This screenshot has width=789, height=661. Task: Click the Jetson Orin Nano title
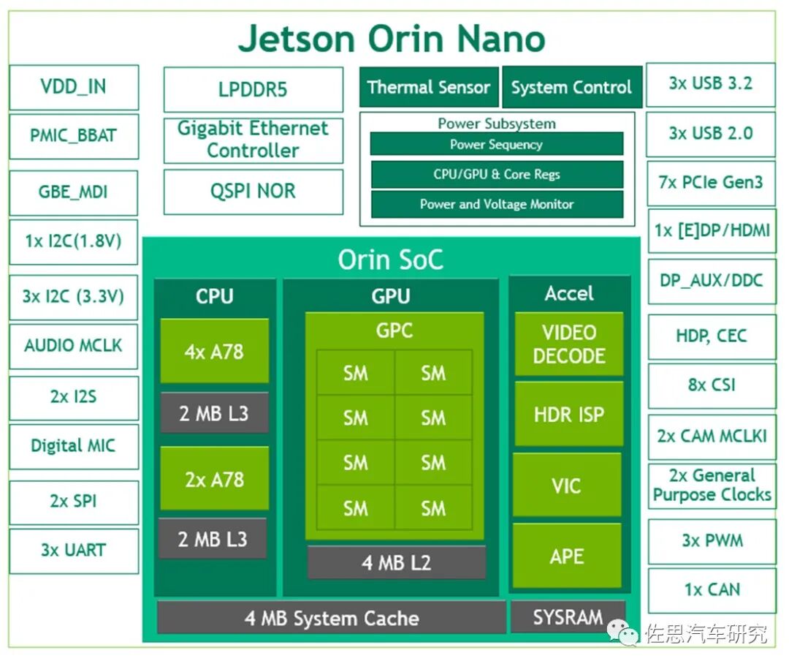tap(392, 38)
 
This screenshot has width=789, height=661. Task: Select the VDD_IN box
tap(74, 88)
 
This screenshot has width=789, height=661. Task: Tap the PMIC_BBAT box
tap(74, 136)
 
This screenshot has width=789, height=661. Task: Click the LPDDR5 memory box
tap(253, 90)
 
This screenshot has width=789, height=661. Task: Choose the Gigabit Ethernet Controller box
tap(253, 140)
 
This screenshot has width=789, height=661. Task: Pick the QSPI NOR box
tap(253, 192)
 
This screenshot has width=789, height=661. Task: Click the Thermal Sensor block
tap(428, 88)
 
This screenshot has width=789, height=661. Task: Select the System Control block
tap(571, 88)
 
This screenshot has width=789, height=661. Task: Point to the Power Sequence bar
tap(496, 144)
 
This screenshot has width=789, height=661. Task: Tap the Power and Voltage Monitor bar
tap(496, 205)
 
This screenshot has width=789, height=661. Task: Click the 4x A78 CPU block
tap(214, 351)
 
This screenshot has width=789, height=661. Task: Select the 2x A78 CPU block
tap(214, 480)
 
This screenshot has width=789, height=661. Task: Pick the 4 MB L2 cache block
tap(396, 563)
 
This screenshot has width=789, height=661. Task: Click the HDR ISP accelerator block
tap(568, 415)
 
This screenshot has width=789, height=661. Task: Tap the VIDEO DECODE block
tap(568, 344)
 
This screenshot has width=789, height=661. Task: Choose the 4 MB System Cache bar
tap(331, 618)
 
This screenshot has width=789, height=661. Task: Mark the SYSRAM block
tap(568, 616)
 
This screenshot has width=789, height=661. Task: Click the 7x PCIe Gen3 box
tap(711, 183)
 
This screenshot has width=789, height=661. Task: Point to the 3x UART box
tap(74, 551)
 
